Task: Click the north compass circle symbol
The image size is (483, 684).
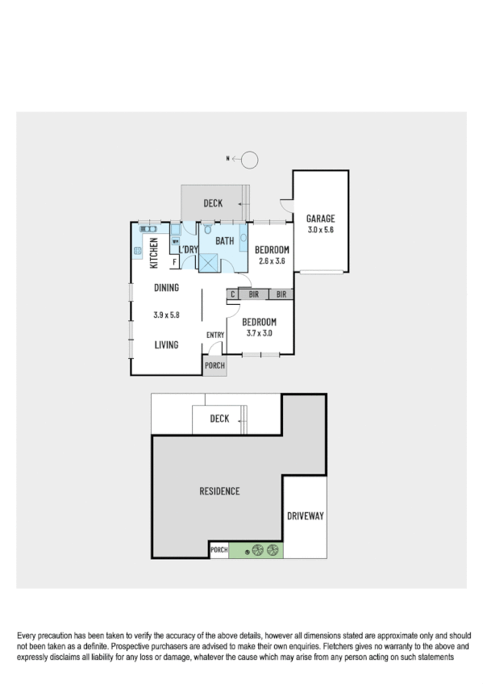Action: [x=250, y=160]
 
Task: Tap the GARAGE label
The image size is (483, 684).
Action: [x=320, y=219]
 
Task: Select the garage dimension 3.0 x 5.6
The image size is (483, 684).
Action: [x=320, y=230]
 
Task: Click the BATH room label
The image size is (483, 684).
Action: [x=224, y=240]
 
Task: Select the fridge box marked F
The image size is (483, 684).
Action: [x=174, y=262]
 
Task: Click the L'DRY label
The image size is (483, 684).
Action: [x=188, y=250]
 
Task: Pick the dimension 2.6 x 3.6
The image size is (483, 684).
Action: [x=273, y=261]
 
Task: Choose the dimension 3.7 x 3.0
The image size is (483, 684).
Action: [x=260, y=332]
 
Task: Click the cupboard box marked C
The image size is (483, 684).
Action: [x=232, y=295]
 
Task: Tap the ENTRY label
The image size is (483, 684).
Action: [x=215, y=336]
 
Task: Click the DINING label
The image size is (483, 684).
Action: [x=166, y=288]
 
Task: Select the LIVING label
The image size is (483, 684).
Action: [x=166, y=345]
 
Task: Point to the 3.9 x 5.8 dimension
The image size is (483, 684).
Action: [x=166, y=315]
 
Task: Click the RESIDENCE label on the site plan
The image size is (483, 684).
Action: [x=220, y=490]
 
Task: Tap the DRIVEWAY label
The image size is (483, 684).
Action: [x=306, y=515]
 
